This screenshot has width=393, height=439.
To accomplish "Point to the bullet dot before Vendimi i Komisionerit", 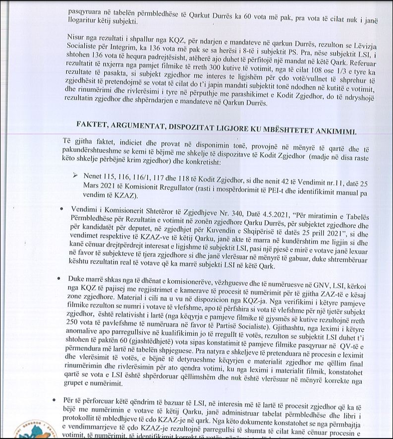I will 61,208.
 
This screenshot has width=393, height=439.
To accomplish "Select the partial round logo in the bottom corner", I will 35,429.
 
